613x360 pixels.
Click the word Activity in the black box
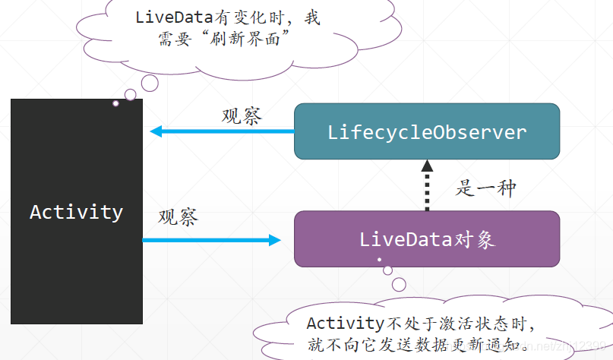pos(76,211)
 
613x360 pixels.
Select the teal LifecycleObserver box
pos(427,131)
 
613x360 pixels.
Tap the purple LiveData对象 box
pos(427,239)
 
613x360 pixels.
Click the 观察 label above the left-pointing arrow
pos(242,116)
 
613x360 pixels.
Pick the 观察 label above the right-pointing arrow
pos(179,217)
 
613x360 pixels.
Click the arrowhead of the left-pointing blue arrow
pos(156,131)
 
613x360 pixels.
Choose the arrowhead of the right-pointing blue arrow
pos(275,240)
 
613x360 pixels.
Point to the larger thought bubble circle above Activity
pos(131,95)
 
